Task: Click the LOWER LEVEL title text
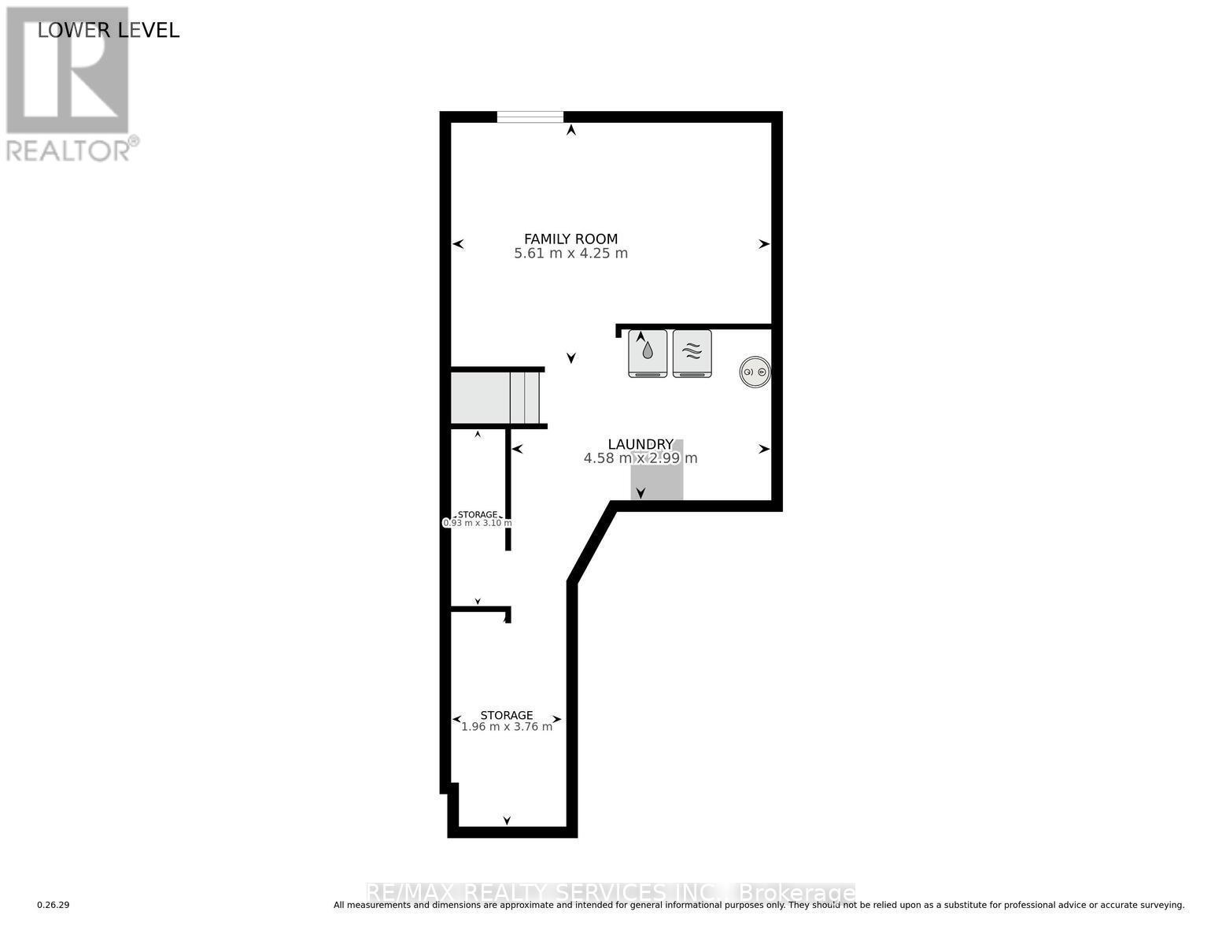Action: [109, 30]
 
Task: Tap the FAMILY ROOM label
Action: [570, 239]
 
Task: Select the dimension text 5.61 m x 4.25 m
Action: [570, 254]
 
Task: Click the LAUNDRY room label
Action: [640, 444]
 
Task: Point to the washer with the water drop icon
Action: [648, 353]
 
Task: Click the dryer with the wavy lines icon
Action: [692, 353]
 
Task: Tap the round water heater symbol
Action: [755, 372]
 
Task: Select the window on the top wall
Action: [530, 117]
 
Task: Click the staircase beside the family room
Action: [495, 398]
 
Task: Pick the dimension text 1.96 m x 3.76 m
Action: [507, 727]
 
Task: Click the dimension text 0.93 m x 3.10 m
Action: [478, 523]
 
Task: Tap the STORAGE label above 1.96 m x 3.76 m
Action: [507, 715]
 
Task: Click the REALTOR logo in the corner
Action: [68, 83]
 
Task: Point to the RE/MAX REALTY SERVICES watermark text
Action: [611, 892]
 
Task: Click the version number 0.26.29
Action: [54, 906]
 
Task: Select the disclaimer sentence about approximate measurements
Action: [759, 906]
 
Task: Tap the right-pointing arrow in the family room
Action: [763, 244]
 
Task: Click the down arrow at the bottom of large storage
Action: [507, 821]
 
